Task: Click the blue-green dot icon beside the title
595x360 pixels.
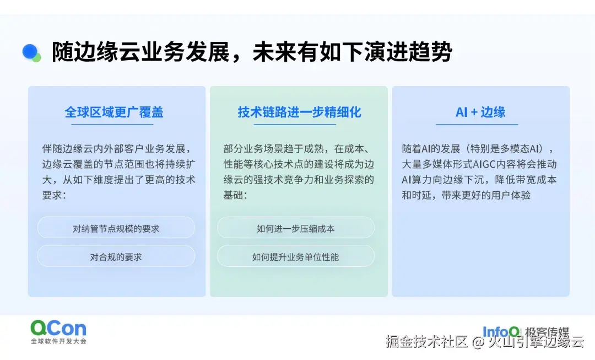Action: (31, 52)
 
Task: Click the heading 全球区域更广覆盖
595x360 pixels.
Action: (114, 112)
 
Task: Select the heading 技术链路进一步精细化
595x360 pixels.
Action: (299, 112)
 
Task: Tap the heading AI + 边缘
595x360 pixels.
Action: (480, 112)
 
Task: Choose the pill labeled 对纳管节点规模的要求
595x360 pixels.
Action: (116, 228)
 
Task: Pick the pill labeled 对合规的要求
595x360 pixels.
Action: (116, 256)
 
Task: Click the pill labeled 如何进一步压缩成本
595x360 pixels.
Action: (295, 228)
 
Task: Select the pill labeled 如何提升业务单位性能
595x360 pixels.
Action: (295, 256)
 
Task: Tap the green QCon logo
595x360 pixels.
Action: (58, 329)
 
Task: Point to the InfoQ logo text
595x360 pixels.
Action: (501, 331)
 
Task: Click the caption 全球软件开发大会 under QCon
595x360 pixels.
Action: (58, 342)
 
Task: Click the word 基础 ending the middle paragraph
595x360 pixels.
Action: (234, 195)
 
